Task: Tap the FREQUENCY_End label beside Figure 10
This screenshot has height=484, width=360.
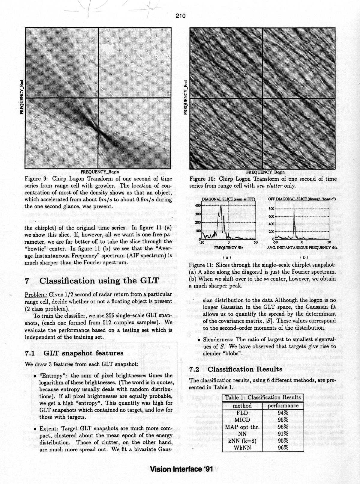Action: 185,97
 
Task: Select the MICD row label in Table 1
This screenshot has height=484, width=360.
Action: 242,419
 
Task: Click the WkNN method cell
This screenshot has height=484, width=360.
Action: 242,447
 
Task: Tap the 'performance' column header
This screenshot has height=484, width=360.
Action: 283,405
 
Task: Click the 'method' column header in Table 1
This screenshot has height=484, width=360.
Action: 242,405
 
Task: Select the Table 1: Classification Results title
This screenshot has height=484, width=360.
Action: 262,397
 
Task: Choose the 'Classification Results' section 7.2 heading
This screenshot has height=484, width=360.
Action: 245,370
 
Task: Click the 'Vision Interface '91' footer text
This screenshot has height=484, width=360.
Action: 182,469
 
